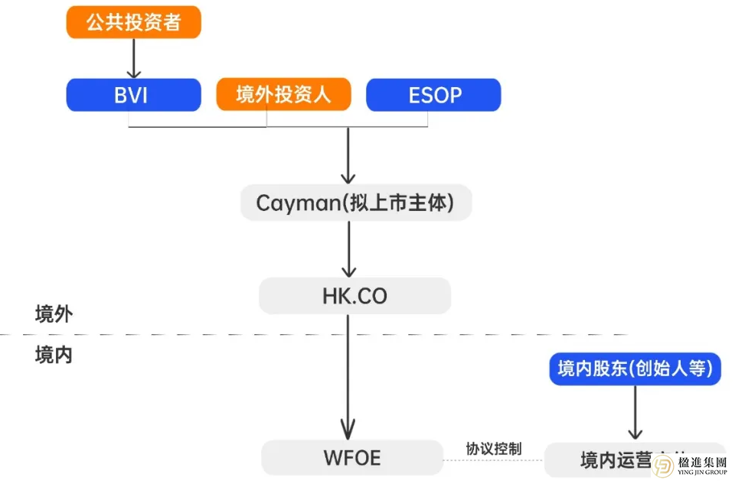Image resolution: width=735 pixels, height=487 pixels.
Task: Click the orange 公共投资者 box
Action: [133, 22]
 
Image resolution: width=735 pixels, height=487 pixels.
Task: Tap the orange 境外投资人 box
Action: [283, 95]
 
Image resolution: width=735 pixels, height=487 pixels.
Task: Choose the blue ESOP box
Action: [433, 95]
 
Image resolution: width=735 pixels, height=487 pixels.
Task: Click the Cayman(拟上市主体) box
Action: [355, 203]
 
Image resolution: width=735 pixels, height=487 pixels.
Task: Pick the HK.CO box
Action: [354, 296]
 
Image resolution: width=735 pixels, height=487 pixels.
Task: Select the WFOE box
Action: [352, 458]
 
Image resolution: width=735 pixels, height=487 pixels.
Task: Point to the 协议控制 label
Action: [494, 449]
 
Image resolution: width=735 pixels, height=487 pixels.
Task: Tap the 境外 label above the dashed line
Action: [54, 314]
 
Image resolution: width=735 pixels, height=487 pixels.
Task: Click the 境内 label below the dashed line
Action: [54, 356]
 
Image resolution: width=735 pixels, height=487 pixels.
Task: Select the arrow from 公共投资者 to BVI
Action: [134, 57]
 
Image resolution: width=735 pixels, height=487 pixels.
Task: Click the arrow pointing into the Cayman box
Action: [348, 157]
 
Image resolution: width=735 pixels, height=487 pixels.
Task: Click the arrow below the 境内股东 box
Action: [635, 413]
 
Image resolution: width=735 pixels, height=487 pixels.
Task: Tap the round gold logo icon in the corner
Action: [663, 466]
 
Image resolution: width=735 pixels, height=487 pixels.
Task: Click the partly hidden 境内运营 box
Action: [605, 460]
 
